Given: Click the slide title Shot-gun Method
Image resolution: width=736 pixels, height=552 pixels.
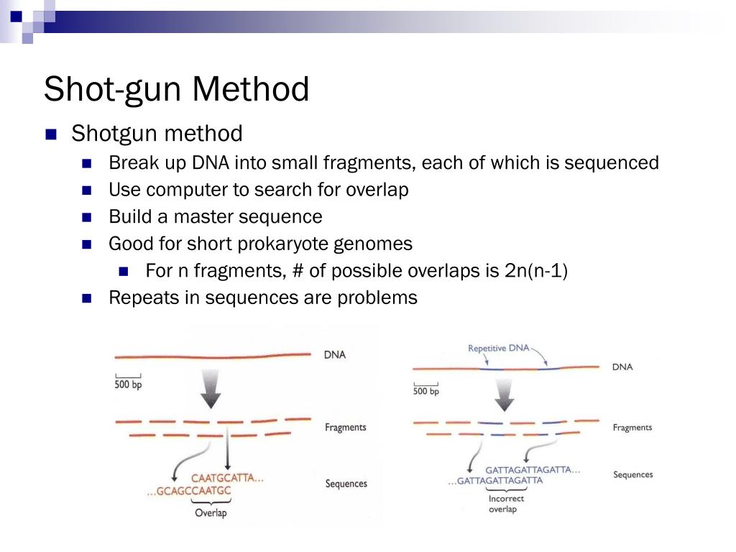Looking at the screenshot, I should pyautogui.click(x=176, y=90).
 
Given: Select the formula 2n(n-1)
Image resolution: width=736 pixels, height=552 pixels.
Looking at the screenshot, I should pyautogui.click(x=536, y=271).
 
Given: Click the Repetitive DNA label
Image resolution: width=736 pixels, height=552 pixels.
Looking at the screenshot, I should pyautogui.click(x=498, y=349).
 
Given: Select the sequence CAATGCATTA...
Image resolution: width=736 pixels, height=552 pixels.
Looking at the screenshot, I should pyautogui.click(x=227, y=477).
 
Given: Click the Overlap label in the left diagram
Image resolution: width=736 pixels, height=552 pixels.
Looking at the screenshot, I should pyautogui.click(x=211, y=513).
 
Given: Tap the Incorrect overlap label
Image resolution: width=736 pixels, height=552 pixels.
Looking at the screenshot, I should pyautogui.click(x=506, y=504).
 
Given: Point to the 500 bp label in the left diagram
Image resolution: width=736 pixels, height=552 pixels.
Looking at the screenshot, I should pyautogui.click(x=129, y=385).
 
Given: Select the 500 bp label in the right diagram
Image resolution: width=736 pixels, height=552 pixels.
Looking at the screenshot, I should pyautogui.click(x=425, y=391).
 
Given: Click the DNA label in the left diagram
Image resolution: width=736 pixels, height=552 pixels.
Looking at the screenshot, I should pyautogui.click(x=334, y=355).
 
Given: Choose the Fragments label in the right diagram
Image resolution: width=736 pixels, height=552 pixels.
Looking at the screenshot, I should pyautogui.click(x=632, y=428).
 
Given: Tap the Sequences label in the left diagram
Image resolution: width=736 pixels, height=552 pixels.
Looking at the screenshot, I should pyautogui.click(x=346, y=484).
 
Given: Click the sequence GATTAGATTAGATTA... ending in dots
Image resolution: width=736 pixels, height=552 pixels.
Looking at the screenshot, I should pyautogui.click(x=533, y=469).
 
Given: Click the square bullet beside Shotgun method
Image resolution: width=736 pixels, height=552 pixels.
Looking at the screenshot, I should pyautogui.click(x=50, y=134).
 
